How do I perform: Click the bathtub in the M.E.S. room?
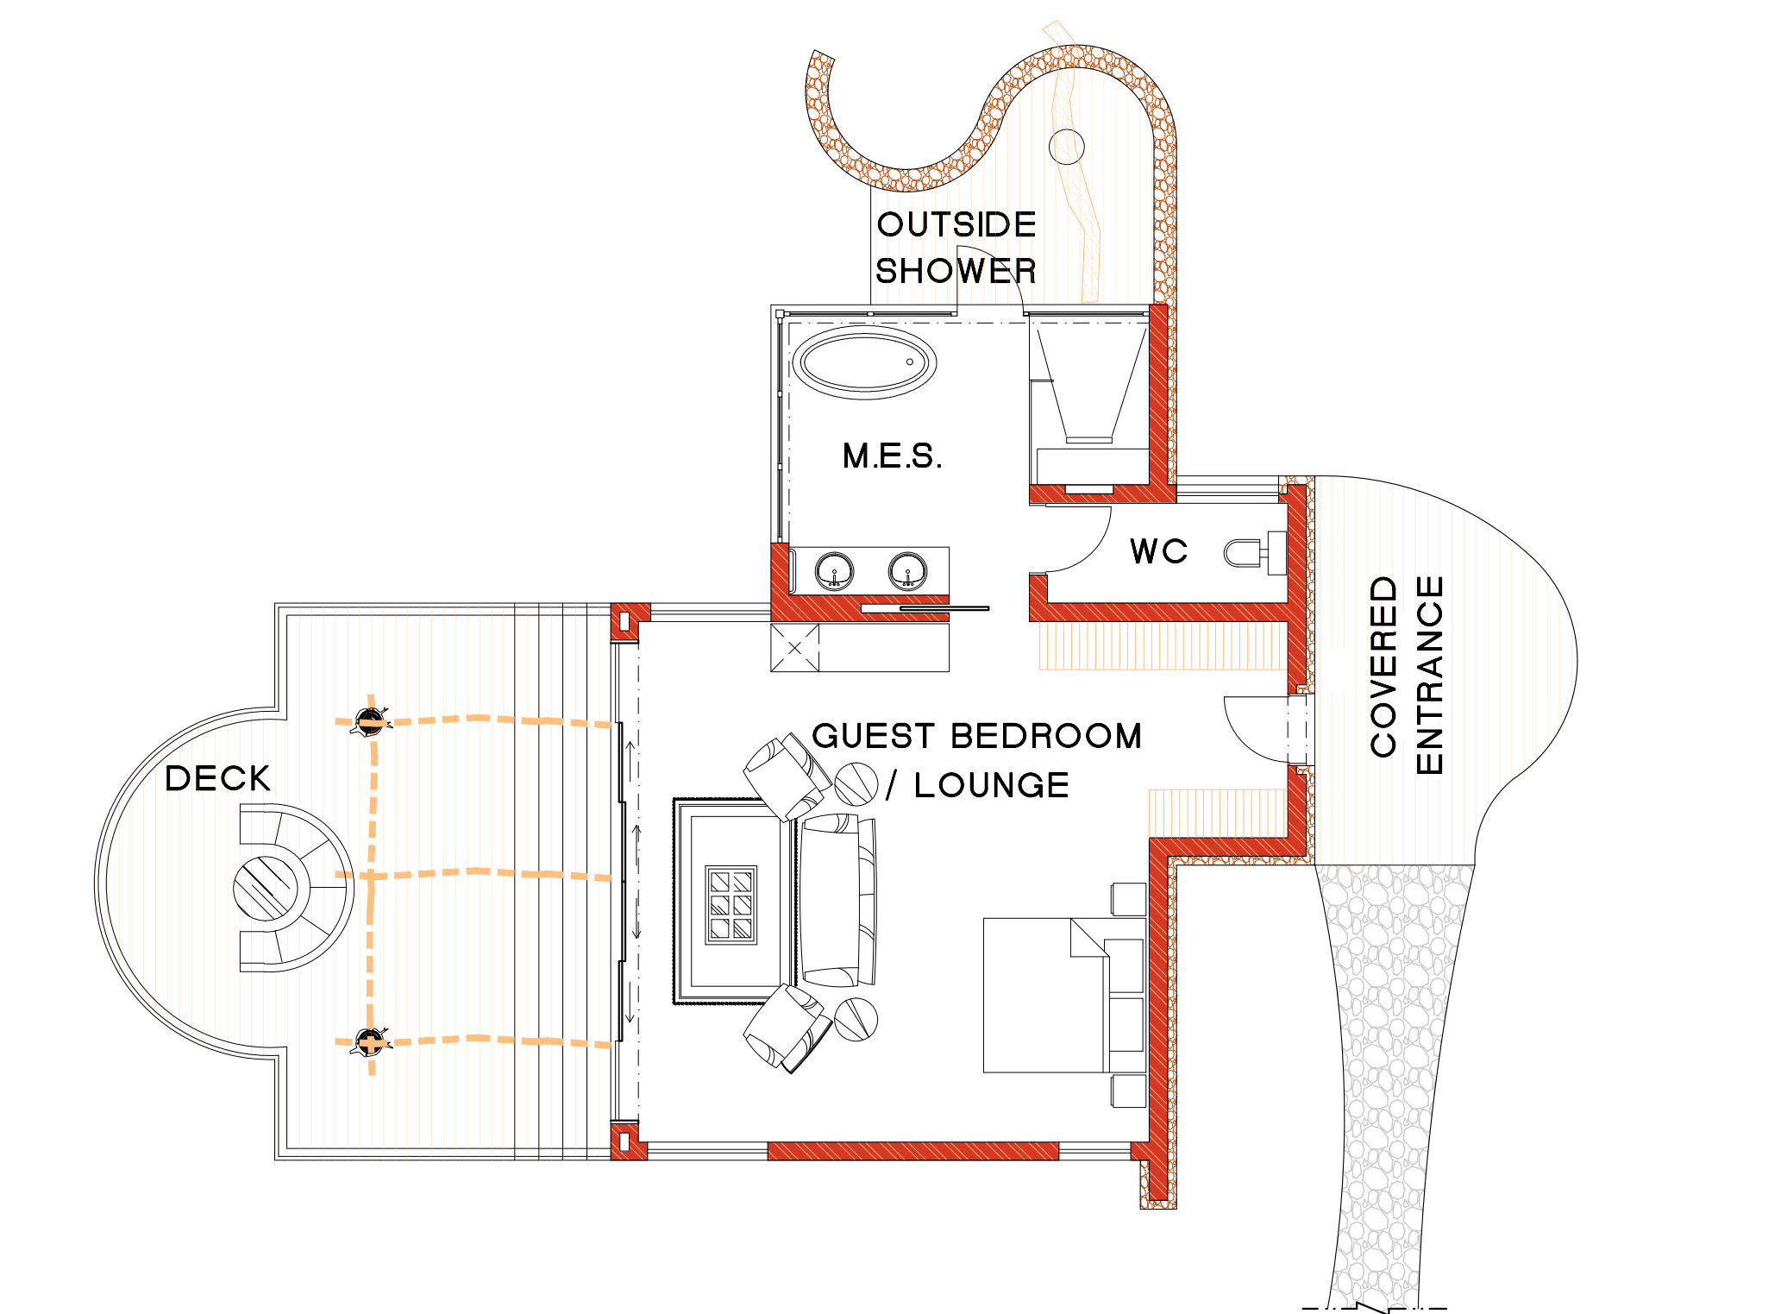click(864, 362)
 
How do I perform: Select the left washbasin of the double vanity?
click(834, 571)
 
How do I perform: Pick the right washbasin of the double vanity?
click(908, 571)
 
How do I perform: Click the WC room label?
click(1158, 550)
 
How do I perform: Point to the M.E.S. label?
click(892, 456)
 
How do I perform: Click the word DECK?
click(217, 778)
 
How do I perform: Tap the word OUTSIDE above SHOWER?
click(956, 224)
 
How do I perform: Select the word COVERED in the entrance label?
click(1383, 666)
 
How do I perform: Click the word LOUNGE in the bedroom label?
click(992, 785)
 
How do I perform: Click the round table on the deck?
click(266, 888)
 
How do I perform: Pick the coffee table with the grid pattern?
click(731, 905)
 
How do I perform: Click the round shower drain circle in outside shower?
click(1067, 147)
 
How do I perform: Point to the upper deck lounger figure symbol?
click(371, 720)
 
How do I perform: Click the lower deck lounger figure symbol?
click(371, 1041)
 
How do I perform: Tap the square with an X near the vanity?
click(794, 647)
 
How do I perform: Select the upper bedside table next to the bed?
click(1129, 899)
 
